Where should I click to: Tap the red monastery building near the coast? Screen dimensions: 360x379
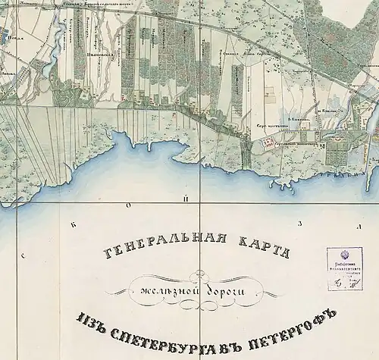click(267, 141)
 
